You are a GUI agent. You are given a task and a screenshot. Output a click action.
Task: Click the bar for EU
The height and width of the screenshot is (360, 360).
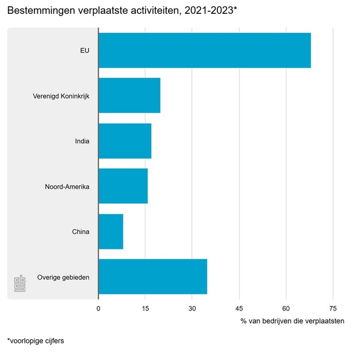pos(204,50)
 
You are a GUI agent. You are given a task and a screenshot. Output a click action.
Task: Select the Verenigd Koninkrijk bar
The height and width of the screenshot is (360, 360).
pos(129,95)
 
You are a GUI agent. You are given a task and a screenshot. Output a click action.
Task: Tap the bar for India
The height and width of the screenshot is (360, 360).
pos(125,141)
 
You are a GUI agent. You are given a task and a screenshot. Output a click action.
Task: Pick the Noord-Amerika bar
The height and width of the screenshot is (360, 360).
pos(123,186)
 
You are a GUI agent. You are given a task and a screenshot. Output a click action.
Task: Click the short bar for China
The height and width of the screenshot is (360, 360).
pos(111,231)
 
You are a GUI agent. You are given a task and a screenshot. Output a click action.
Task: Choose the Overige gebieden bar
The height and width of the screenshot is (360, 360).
pos(152,277)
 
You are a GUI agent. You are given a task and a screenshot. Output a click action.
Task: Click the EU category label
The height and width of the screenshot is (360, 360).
pos(85,50)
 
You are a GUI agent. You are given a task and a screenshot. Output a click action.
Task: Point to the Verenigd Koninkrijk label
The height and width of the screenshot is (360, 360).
pos(62,95)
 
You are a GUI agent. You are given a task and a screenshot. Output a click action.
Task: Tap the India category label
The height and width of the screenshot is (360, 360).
pos(82,141)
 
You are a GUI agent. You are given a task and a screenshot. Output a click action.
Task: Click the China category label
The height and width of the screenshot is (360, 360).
pos(81,232)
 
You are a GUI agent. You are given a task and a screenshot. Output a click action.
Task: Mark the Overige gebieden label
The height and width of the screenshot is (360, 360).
pos(63,277)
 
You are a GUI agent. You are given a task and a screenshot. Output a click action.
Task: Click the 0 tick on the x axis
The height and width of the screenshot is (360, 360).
pos(98,308)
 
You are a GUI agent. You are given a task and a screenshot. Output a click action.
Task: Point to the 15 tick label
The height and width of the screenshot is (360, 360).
pos(145,308)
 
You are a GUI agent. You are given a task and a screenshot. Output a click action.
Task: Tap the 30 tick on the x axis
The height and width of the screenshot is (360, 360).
pos(192,308)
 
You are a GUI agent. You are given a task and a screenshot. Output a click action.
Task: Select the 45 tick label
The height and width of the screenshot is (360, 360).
pos(239,308)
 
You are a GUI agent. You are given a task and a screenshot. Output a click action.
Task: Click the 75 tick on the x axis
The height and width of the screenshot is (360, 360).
pos(333,308)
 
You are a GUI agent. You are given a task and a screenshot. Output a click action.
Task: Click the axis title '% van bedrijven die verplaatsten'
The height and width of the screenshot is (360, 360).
pos(292,321)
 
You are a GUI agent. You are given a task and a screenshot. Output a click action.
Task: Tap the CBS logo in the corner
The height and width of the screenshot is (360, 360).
pos(20,283)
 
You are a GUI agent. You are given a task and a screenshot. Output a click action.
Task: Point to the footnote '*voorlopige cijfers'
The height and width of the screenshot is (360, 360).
pos(35,340)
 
